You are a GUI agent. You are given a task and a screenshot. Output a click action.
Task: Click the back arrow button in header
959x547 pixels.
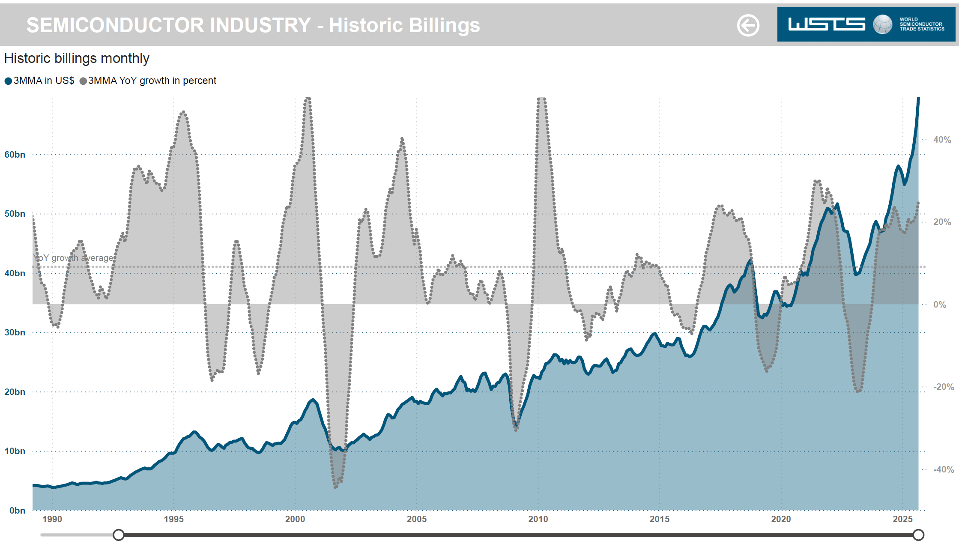(x=748, y=25)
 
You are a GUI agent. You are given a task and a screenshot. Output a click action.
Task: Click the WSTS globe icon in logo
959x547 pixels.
(x=882, y=24)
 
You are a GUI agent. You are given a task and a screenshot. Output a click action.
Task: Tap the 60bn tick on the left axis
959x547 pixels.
(x=15, y=155)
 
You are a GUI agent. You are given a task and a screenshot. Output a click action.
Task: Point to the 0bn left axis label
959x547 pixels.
(x=18, y=511)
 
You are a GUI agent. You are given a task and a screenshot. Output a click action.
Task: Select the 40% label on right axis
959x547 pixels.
(x=942, y=140)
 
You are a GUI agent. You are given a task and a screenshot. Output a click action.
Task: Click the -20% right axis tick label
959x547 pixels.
(x=944, y=387)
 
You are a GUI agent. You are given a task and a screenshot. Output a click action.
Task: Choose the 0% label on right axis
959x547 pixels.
(x=940, y=305)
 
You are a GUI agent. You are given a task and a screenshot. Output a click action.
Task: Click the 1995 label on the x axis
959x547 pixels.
(x=173, y=519)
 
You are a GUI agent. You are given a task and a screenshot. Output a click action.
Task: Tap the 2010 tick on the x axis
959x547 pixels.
(x=538, y=519)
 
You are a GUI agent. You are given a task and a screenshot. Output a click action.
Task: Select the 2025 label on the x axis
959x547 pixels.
(x=902, y=519)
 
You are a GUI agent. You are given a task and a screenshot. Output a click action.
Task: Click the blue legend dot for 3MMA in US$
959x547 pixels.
(x=8, y=81)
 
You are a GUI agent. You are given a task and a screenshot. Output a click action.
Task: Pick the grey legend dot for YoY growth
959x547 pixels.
(x=83, y=81)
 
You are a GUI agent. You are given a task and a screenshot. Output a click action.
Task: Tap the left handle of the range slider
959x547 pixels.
(x=119, y=535)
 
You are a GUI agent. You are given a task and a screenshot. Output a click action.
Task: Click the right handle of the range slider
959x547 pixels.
(x=918, y=535)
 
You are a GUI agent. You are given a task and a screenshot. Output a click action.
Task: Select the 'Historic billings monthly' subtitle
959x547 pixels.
(x=77, y=58)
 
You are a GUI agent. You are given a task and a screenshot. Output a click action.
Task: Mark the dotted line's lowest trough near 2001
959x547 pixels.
(x=335, y=487)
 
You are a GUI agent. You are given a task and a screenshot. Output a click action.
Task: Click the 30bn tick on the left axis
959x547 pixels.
(x=15, y=332)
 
